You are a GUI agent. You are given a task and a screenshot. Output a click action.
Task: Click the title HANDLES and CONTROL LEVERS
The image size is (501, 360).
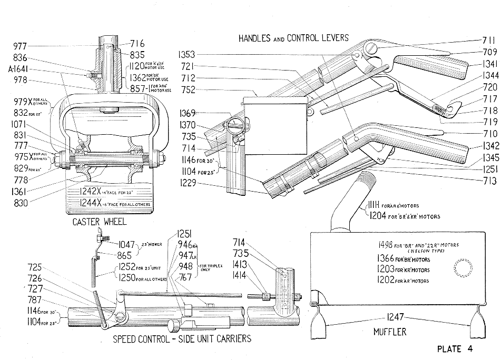click(293, 38)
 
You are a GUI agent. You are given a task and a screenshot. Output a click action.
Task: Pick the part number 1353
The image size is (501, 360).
click(186, 54)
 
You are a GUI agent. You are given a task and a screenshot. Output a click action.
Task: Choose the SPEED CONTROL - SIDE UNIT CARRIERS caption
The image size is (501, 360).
click(182, 339)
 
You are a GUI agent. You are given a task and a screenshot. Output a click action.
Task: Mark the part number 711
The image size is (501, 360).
click(489, 40)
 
